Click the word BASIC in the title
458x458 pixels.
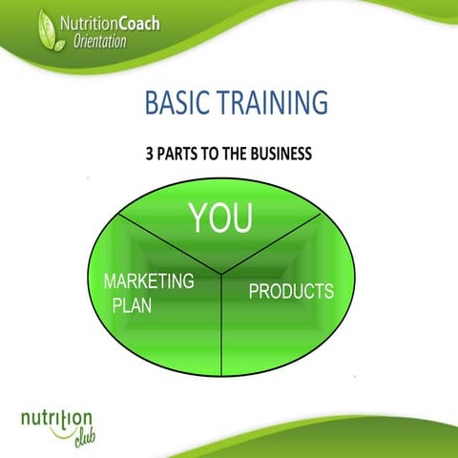(176, 102)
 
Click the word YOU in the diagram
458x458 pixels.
(220, 219)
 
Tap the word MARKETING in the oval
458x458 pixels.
(149, 282)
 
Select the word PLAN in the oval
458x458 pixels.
(133, 306)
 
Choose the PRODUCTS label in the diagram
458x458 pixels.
(291, 291)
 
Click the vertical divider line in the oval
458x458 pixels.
(221, 329)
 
